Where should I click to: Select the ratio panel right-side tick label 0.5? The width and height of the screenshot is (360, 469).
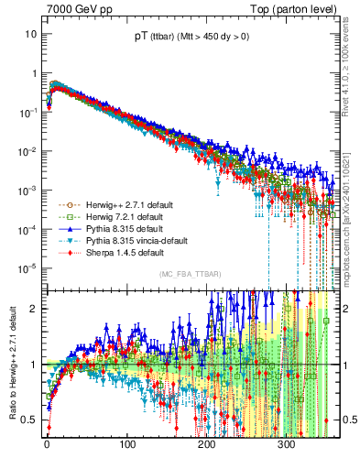344,420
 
